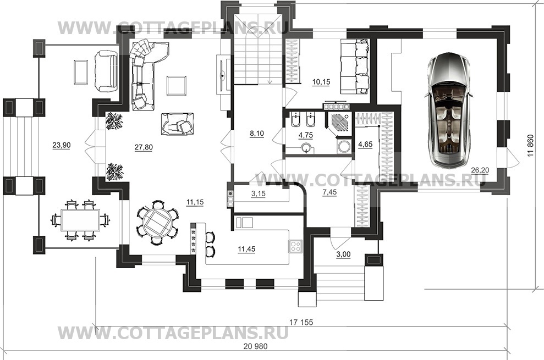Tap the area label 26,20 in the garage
(x=479, y=170)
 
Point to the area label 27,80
(x=144, y=147)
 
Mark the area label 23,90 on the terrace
(x=62, y=145)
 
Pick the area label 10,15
(x=321, y=82)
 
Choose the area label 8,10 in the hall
(x=257, y=133)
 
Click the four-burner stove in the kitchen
(x=295, y=246)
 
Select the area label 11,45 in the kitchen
(x=246, y=248)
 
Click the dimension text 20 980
(x=256, y=346)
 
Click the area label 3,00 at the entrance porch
(x=343, y=254)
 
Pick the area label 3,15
(x=258, y=193)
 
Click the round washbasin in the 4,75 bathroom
(x=306, y=148)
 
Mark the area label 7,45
(x=329, y=192)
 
